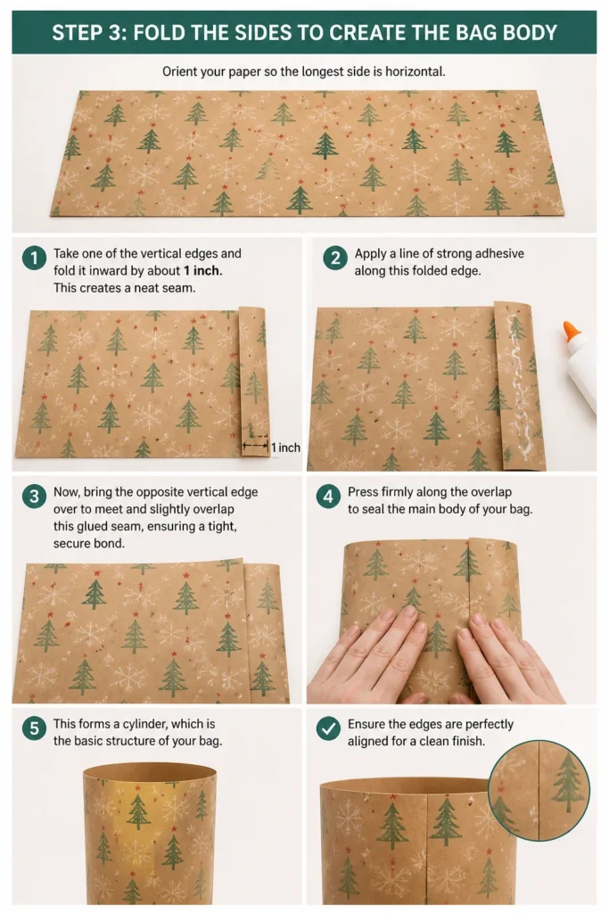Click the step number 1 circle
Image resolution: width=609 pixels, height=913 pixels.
(34, 258)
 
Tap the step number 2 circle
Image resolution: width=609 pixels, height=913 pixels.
(334, 258)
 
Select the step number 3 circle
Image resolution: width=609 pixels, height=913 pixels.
(34, 496)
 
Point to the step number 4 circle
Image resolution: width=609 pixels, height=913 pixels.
(328, 496)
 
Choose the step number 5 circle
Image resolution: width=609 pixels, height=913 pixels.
(34, 728)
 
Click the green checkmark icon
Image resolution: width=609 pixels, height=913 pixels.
(328, 728)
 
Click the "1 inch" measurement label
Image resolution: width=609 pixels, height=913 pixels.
(286, 448)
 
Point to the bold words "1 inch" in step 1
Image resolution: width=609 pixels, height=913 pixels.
(202, 271)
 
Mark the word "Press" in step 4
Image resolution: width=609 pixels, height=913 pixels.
(363, 492)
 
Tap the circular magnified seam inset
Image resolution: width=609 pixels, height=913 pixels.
(539, 790)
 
